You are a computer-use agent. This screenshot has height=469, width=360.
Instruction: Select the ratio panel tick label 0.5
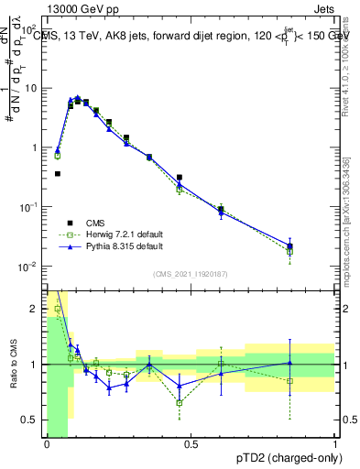click(x=32, y=420)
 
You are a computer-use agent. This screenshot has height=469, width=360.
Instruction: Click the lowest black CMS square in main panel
click(x=58, y=173)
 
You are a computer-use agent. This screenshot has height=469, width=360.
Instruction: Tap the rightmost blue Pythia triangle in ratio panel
click(x=290, y=363)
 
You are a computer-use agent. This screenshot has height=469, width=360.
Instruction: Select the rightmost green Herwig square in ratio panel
click(x=290, y=380)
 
